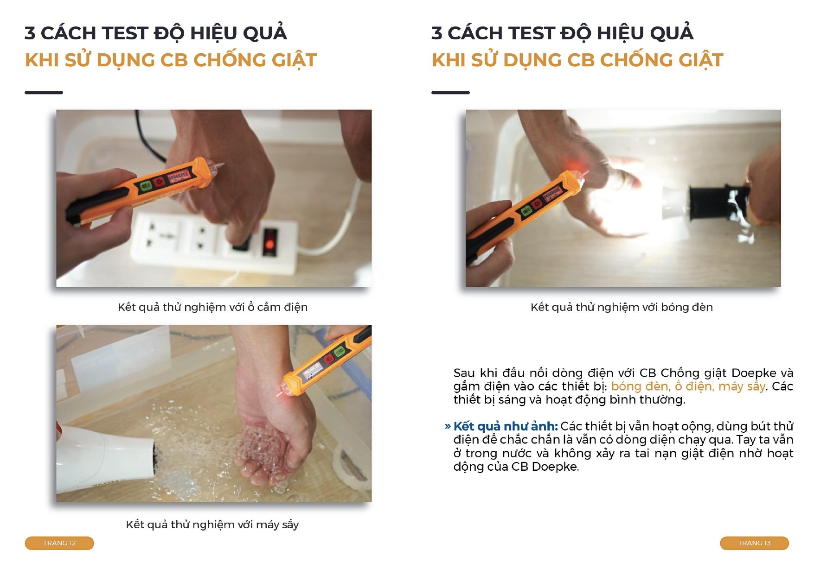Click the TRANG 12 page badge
pos(59,543)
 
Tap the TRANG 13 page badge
pos(754,543)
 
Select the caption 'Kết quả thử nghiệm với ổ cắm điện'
pos(212,307)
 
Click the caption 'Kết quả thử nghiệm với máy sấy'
pos(212,524)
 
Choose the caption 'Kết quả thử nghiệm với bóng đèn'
pos(622,307)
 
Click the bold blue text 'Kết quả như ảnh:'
pos(506,426)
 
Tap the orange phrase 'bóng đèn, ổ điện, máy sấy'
pos(688,386)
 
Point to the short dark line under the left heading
pos(44,93)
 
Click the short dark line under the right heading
pos(450,93)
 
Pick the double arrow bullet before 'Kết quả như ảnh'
pos(448,426)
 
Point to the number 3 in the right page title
pos(437,33)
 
